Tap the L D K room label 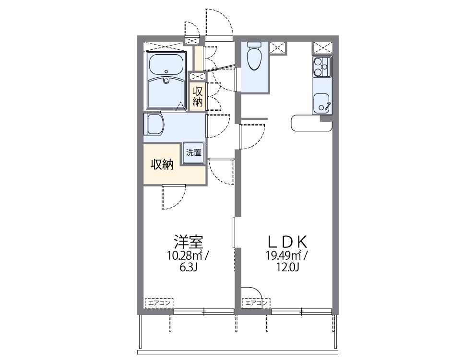[x=287, y=240]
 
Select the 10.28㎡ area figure [x=184, y=255]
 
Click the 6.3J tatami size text [x=187, y=267]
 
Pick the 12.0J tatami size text [x=287, y=267]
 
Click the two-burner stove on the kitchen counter [x=321, y=67]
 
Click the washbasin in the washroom [x=154, y=124]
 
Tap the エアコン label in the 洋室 [x=159, y=303]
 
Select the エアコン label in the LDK [x=256, y=303]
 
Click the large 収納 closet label [x=162, y=164]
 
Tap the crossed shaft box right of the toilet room [x=277, y=48]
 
